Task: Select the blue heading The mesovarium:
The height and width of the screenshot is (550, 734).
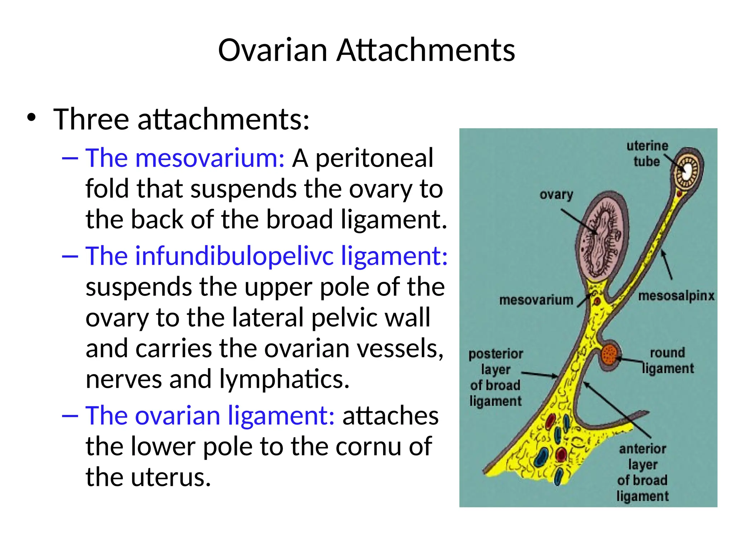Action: (185, 158)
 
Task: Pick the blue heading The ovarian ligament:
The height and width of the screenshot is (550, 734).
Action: (210, 416)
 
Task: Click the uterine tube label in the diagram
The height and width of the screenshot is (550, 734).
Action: (647, 154)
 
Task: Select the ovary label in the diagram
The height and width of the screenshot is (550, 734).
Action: (556, 194)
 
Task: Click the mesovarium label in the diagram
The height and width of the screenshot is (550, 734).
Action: (536, 300)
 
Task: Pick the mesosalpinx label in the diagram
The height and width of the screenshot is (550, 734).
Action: (676, 296)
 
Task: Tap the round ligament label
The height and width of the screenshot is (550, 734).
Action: (668, 360)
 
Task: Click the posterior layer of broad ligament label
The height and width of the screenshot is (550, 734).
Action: (496, 377)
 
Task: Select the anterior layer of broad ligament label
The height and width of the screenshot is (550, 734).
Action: (642, 472)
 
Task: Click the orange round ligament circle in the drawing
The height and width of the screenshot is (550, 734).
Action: (610, 354)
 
